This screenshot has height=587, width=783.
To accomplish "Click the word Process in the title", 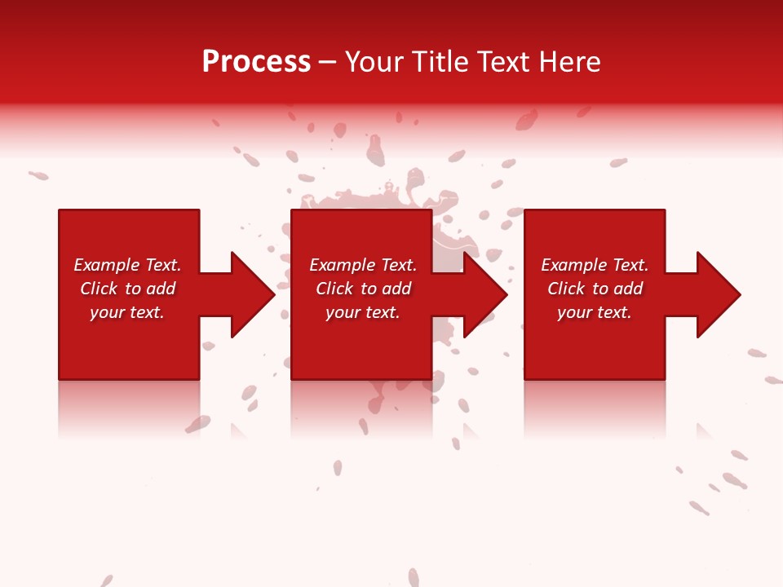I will click(256, 62).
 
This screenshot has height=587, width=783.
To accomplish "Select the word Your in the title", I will click(377, 62).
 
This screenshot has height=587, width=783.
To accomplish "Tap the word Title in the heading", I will click(442, 62).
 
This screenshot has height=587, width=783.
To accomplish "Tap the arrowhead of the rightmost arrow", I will click(717, 294).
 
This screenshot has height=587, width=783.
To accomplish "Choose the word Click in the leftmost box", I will click(99, 289).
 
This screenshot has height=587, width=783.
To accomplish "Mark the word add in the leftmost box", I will click(161, 289).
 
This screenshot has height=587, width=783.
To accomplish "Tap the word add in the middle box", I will click(396, 289).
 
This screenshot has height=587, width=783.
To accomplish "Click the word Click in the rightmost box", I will click(566, 289).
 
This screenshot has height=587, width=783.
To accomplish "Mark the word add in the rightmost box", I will click(628, 289).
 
